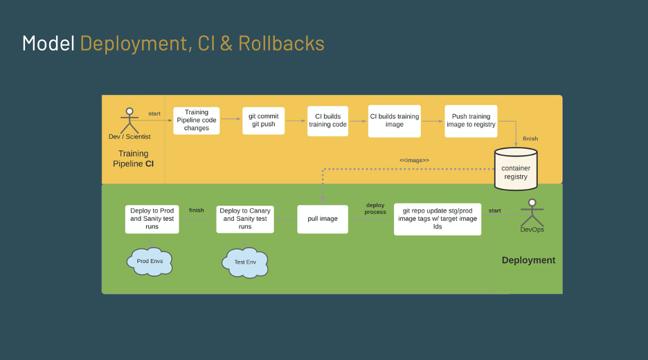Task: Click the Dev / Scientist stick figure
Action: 129,120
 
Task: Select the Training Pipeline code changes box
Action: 197,120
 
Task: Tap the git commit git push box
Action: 263,120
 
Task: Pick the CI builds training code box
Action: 328,120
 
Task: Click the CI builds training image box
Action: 395,120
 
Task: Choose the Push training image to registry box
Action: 471,120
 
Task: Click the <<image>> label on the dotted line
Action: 414,160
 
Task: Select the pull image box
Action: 323,219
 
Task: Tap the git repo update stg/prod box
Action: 438,219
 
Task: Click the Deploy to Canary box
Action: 245,219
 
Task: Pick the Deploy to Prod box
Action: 152,219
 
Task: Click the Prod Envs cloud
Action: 150,261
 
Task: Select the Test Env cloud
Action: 244,262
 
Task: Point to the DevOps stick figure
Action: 532,213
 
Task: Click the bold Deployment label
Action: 528,260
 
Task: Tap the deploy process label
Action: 375,208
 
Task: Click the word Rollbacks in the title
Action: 281,43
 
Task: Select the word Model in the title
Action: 48,43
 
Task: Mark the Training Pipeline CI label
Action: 133,159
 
